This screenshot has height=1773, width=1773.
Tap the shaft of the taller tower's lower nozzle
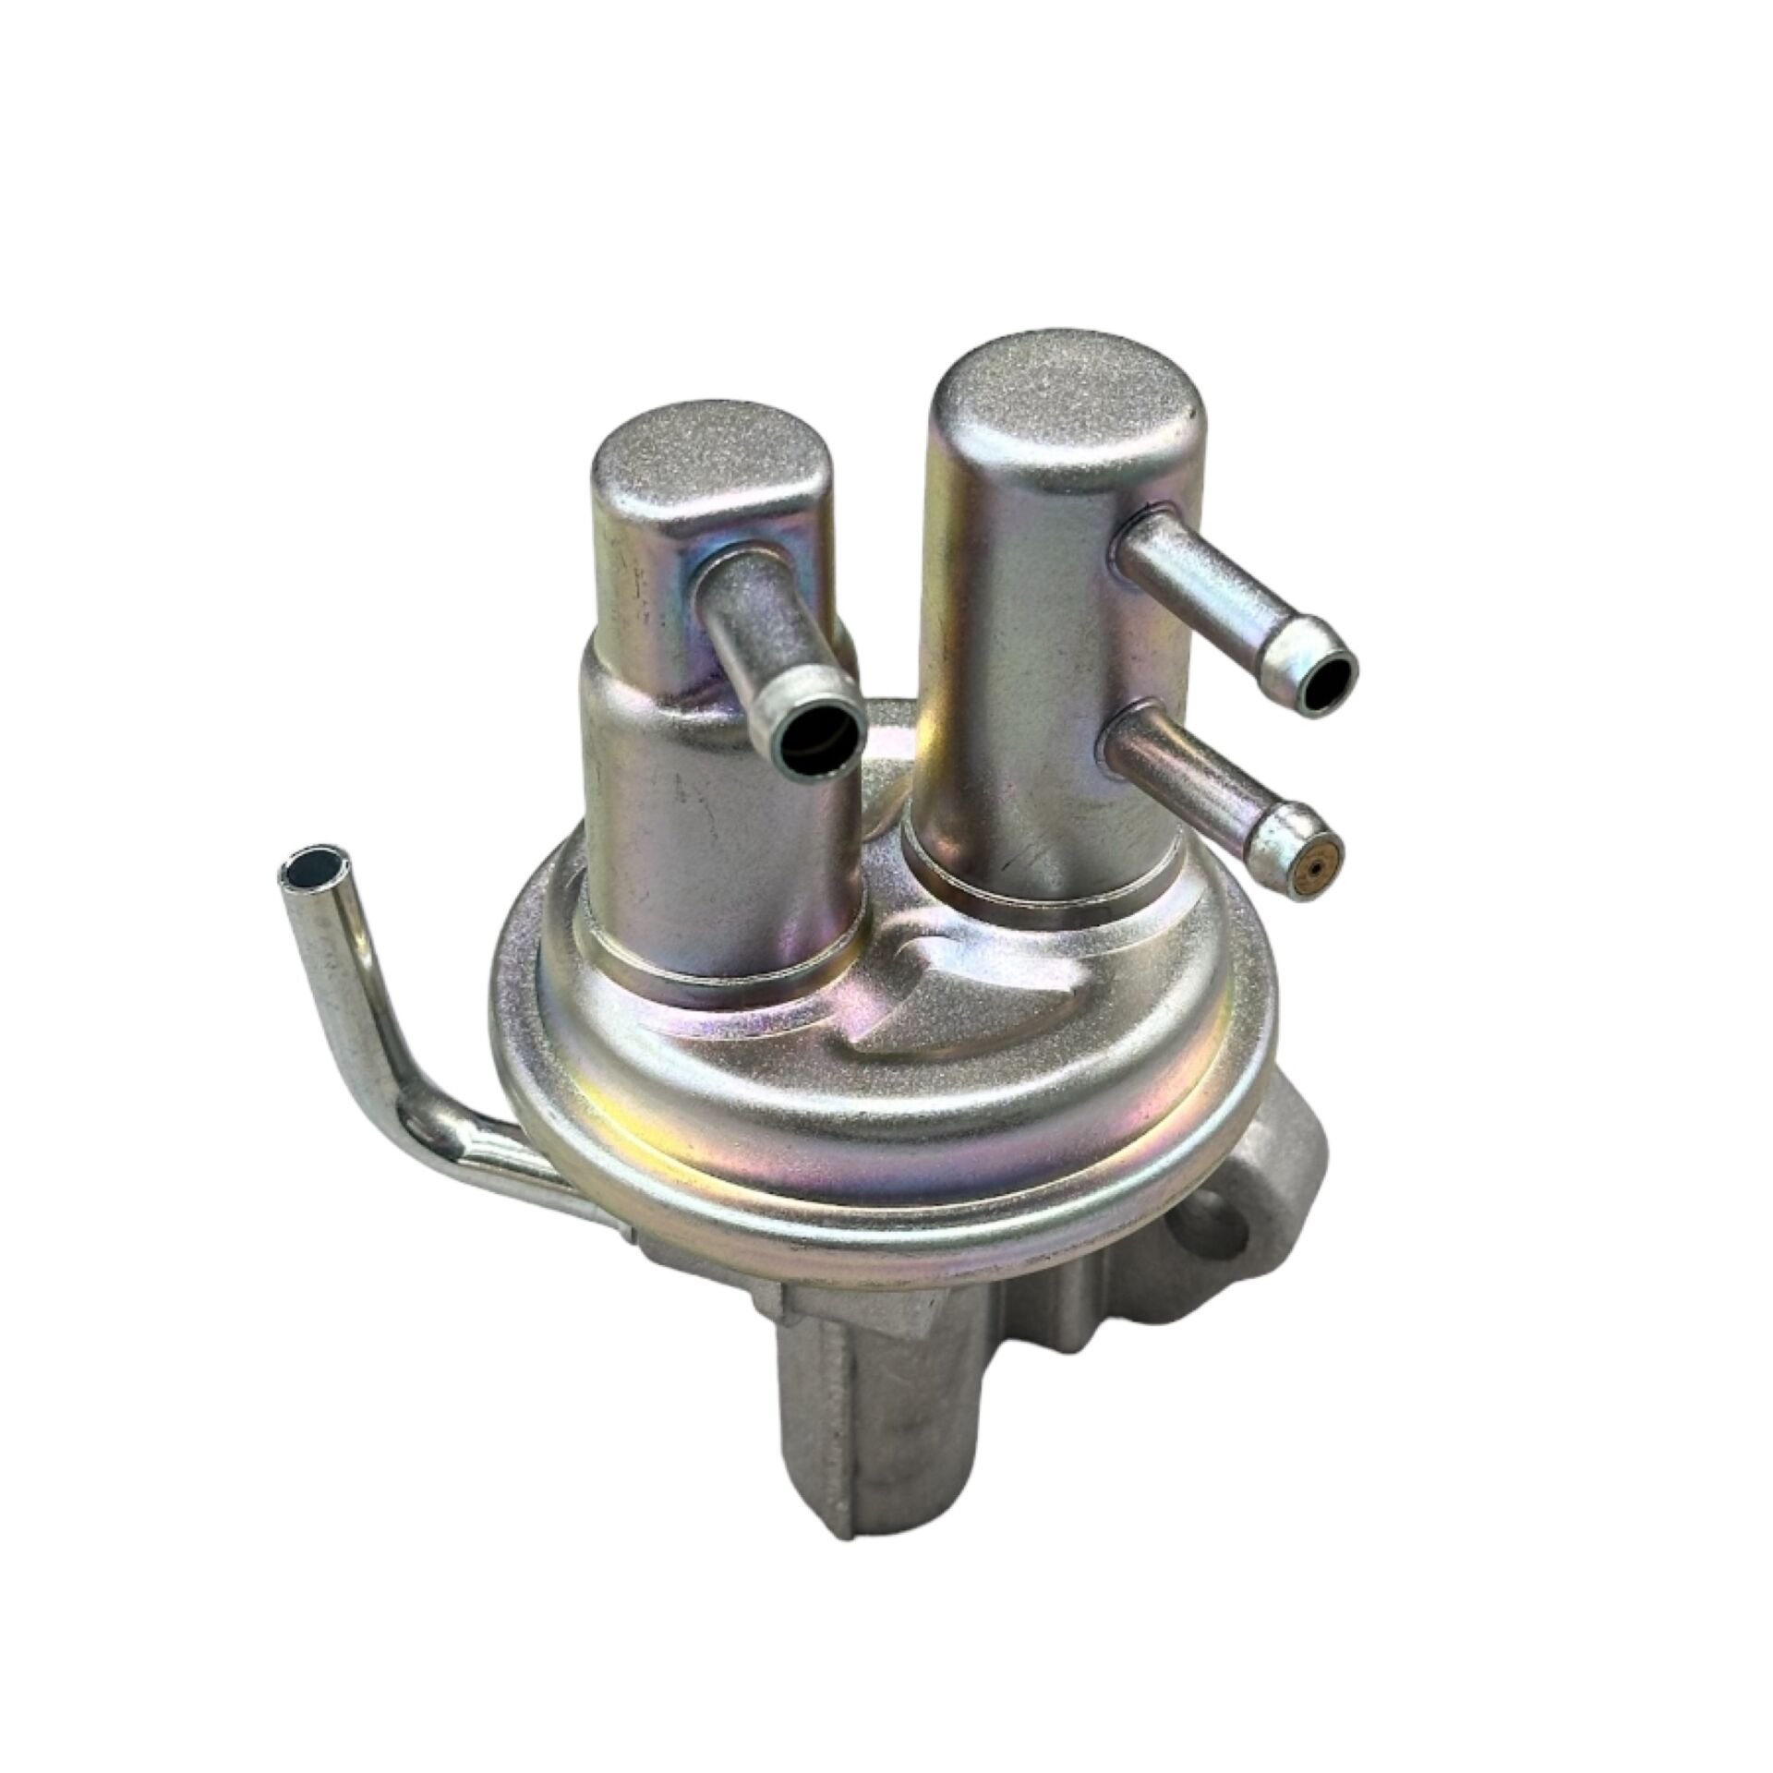(x=1191, y=771)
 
